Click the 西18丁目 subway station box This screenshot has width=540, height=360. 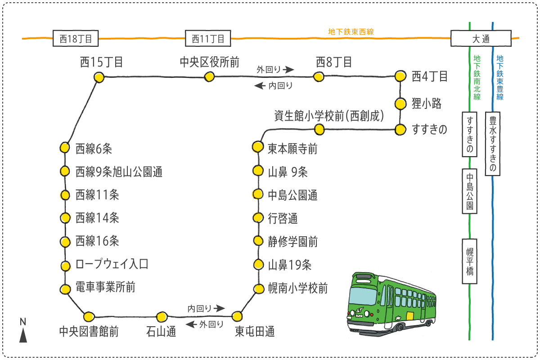pyautogui.click(x=76, y=38)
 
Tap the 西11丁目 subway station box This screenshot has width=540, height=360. pyautogui.click(x=208, y=38)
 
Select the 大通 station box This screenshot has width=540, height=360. pyautogui.click(x=481, y=38)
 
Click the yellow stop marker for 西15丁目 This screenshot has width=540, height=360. pyautogui.click(x=99, y=77)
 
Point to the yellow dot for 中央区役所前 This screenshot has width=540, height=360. pyautogui.click(x=209, y=76)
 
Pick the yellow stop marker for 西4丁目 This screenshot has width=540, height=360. pyautogui.click(x=400, y=76)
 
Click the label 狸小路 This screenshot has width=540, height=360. pyautogui.click(x=427, y=104)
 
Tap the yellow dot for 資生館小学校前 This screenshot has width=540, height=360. pyautogui.click(x=319, y=130)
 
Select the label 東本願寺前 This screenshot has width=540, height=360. pyautogui.click(x=292, y=148)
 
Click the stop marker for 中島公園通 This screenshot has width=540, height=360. pyautogui.click(x=257, y=194)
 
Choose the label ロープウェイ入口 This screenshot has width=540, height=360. pyautogui.click(x=112, y=264)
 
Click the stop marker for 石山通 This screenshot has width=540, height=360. pyautogui.click(x=162, y=316)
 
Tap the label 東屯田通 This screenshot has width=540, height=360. pyautogui.click(x=255, y=333)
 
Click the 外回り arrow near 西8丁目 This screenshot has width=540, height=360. pyautogui.click(x=288, y=70)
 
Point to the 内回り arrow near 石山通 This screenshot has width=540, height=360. pyautogui.click(x=219, y=308)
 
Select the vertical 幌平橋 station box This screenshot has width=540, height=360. pyautogui.click(x=469, y=261)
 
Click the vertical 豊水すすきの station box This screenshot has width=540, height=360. pyautogui.click(x=493, y=144)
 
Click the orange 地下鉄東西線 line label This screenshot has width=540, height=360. pyautogui.click(x=351, y=32)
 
